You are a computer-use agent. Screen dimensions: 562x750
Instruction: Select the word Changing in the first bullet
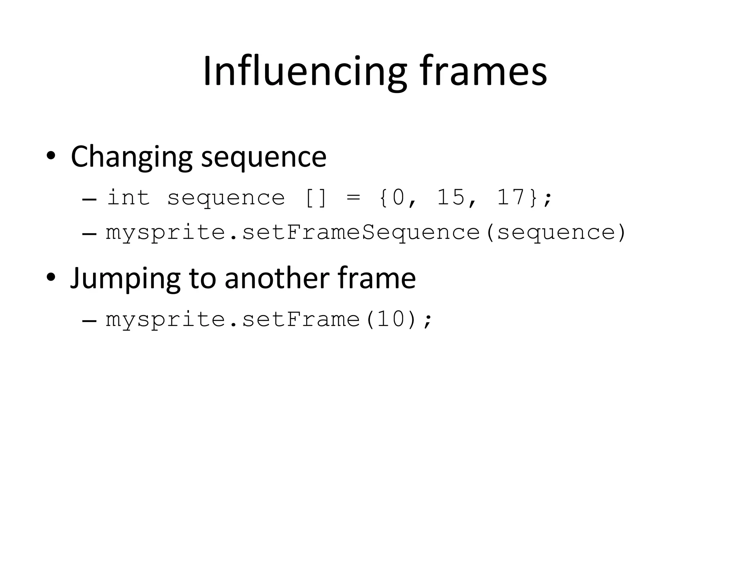(131, 157)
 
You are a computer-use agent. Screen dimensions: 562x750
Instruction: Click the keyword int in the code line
(128, 198)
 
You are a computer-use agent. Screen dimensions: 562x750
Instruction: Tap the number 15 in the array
(450, 198)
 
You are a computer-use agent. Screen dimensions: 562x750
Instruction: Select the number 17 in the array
(511, 198)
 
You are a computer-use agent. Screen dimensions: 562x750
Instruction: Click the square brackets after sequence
(315, 198)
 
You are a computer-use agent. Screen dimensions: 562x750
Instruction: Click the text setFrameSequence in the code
(361, 233)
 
